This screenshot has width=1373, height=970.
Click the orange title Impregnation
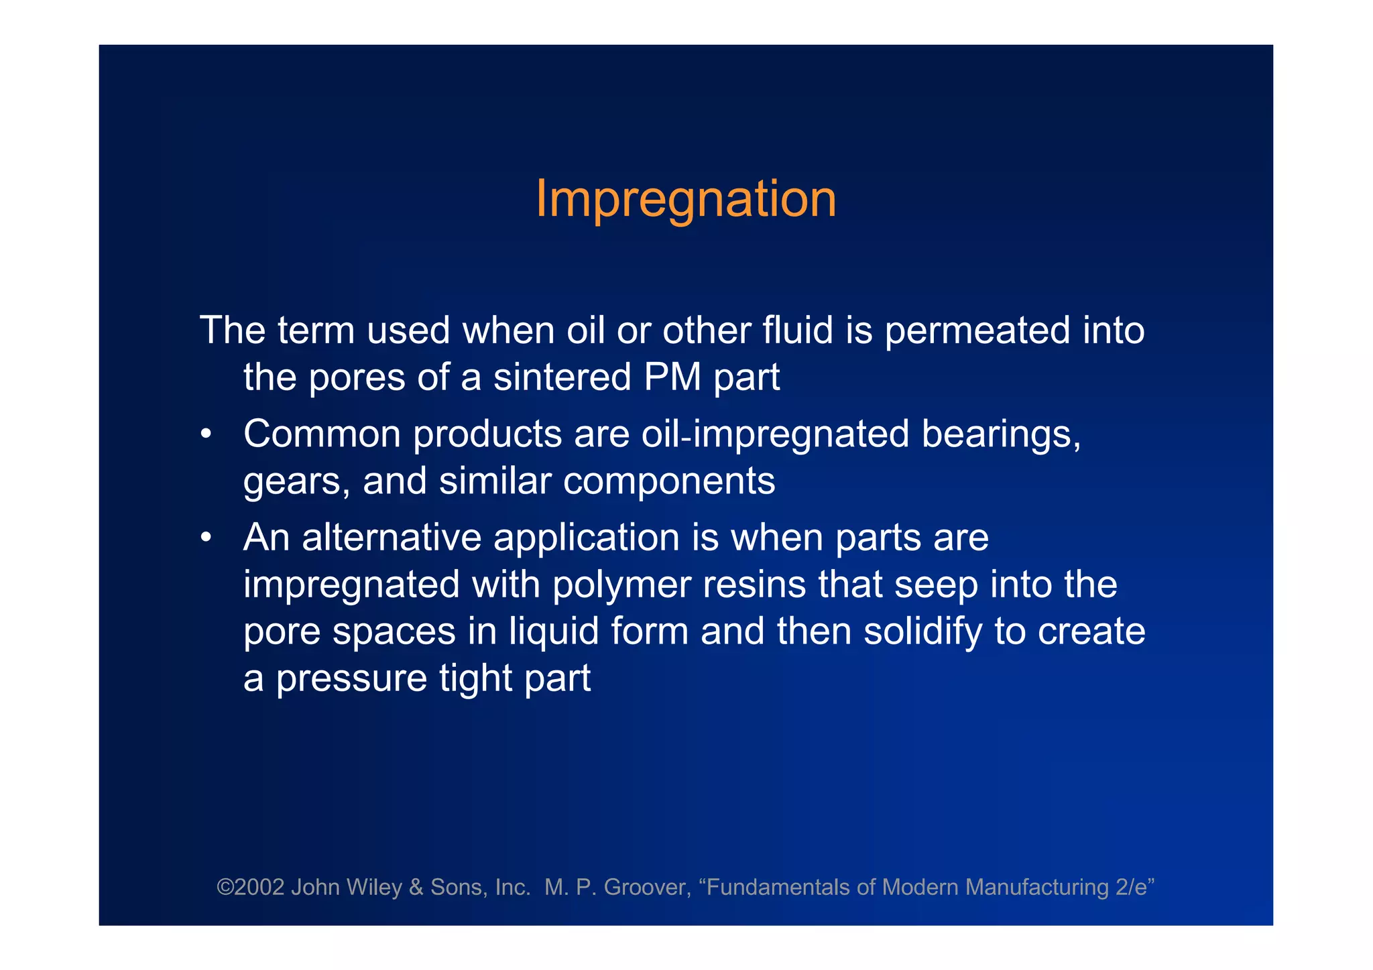point(685,199)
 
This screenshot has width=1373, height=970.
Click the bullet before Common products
point(206,435)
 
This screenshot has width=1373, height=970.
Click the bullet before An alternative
point(206,538)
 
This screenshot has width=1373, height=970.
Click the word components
point(668,481)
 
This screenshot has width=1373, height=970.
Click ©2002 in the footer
point(251,888)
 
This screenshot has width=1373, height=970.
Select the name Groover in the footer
point(646,888)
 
